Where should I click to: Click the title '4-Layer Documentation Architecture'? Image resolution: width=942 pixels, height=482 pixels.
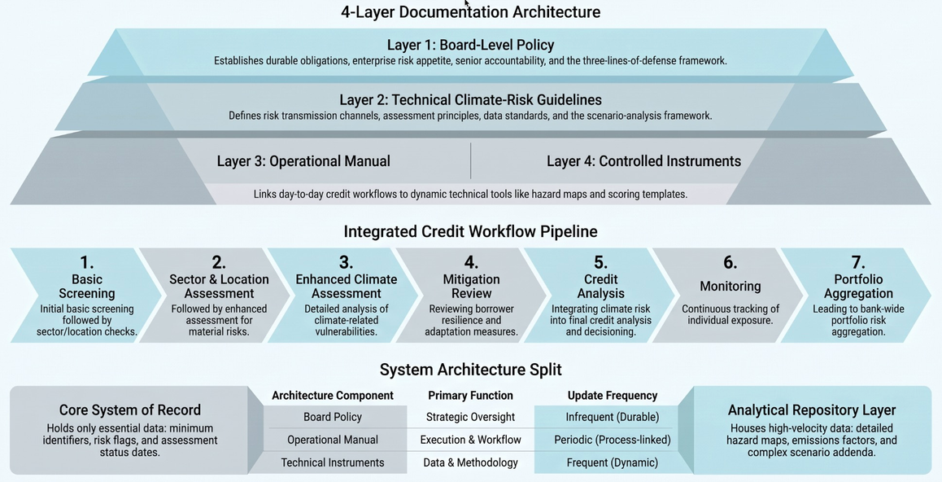470,12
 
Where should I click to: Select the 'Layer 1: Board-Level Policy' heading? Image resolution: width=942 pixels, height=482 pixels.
470,45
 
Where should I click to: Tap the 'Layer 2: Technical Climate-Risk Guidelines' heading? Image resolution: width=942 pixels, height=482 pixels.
470,100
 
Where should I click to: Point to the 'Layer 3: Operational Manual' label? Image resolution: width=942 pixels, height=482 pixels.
303,161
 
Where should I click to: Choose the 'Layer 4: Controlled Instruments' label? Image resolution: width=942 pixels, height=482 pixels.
643,161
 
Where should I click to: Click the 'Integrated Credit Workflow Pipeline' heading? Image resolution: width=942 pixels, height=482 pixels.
470,231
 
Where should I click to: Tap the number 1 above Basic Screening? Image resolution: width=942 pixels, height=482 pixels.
87,263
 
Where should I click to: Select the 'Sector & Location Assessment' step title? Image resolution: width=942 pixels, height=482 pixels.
220,286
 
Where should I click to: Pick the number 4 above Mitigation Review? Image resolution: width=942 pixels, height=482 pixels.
471,263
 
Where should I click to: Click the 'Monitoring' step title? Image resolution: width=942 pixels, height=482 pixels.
730,286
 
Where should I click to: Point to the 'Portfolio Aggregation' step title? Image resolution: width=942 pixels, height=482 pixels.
858,286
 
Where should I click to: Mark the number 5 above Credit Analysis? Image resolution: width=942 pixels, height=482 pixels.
601,263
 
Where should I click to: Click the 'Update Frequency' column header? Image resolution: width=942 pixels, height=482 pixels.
613,396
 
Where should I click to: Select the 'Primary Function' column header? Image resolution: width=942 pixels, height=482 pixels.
470,396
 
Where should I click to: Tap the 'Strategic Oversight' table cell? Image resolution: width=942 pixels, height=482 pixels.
470,417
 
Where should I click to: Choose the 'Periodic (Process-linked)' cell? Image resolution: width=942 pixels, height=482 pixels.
613,440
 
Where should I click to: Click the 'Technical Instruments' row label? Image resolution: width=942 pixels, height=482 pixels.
333,462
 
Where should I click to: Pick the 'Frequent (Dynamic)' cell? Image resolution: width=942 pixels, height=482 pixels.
613,462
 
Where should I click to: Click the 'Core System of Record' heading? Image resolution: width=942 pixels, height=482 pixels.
130,410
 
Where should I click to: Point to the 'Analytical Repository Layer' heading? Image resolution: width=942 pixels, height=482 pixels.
812,410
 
